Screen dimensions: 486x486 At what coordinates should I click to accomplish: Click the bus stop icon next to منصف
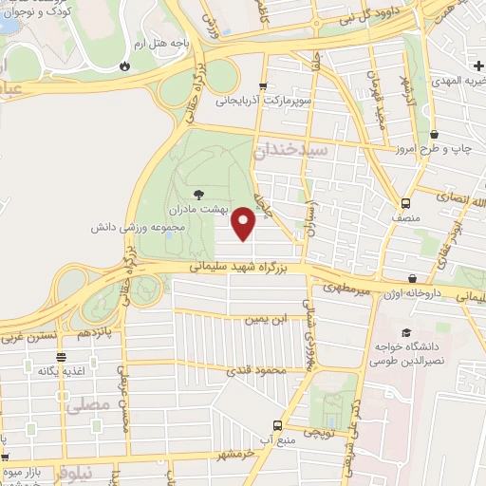(406, 203)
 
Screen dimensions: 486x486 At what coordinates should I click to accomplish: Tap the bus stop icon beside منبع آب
(277, 425)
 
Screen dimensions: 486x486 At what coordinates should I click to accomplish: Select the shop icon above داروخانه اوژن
(413, 278)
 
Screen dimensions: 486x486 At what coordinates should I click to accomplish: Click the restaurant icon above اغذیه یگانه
(62, 357)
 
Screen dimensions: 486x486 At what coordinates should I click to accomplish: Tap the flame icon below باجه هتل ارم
(124, 65)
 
